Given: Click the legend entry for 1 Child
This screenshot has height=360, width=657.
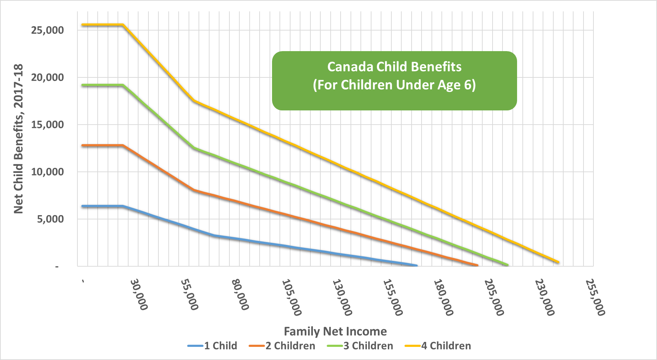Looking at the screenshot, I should pos(213,346).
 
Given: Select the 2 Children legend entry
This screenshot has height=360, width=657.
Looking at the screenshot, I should pos(282,346).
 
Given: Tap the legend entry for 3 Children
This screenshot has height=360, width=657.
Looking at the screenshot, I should pos(360,346).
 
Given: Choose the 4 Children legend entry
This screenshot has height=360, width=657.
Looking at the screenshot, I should pos(438,346).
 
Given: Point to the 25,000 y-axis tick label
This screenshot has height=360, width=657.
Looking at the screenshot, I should pos(48,30).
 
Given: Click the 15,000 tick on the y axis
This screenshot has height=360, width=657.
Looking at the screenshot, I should pos(48,125).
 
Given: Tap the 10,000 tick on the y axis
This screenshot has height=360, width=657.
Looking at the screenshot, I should pos(48,172).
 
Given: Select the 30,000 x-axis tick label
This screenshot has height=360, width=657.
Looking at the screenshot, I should pos(139,295).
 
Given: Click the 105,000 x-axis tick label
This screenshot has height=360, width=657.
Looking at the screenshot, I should pos(292,298).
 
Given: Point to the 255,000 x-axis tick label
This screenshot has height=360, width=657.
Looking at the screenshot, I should pos(595,298).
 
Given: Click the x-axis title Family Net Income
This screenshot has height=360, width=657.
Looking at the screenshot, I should pos(335,331).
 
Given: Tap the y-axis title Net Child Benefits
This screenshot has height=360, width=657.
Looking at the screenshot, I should pos(18,139).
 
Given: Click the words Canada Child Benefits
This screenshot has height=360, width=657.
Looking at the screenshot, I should pos(394,67).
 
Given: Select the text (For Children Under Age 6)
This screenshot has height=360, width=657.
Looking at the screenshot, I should pos(394,85).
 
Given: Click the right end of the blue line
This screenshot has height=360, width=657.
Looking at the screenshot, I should pos(416,266).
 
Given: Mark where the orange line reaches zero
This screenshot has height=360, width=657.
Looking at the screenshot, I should pos(477,266).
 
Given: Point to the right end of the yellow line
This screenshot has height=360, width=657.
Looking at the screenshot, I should pos(558,262).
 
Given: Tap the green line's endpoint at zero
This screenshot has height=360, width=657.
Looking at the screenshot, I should pos(507,265).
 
